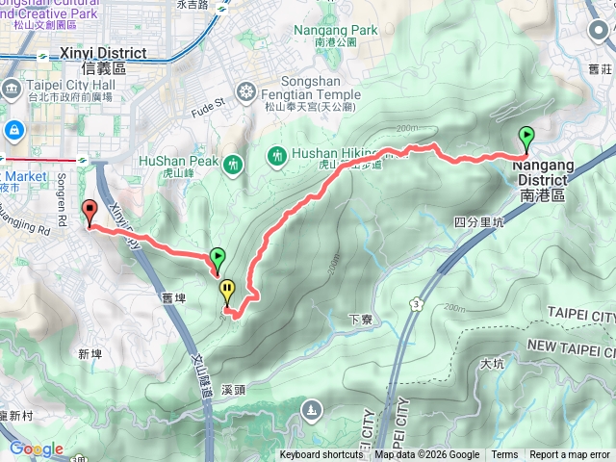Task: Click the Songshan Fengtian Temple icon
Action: (x=247, y=92)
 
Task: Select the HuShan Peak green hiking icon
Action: (x=231, y=165)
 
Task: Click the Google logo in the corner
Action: (x=36, y=449)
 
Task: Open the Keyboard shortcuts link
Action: (x=321, y=455)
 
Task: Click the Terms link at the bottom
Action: (x=504, y=455)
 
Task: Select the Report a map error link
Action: (x=570, y=455)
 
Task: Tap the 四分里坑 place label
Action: (x=479, y=221)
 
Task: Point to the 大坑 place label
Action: (x=491, y=364)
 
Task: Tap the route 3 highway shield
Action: (x=415, y=304)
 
